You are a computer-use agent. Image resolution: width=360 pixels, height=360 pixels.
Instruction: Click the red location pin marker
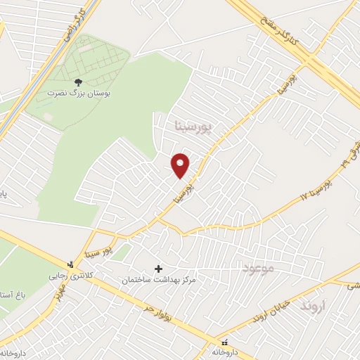point(181,165)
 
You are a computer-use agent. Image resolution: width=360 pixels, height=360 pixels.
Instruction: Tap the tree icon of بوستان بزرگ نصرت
point(78,83)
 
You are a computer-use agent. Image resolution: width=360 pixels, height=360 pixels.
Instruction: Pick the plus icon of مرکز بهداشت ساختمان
point(158,269)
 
